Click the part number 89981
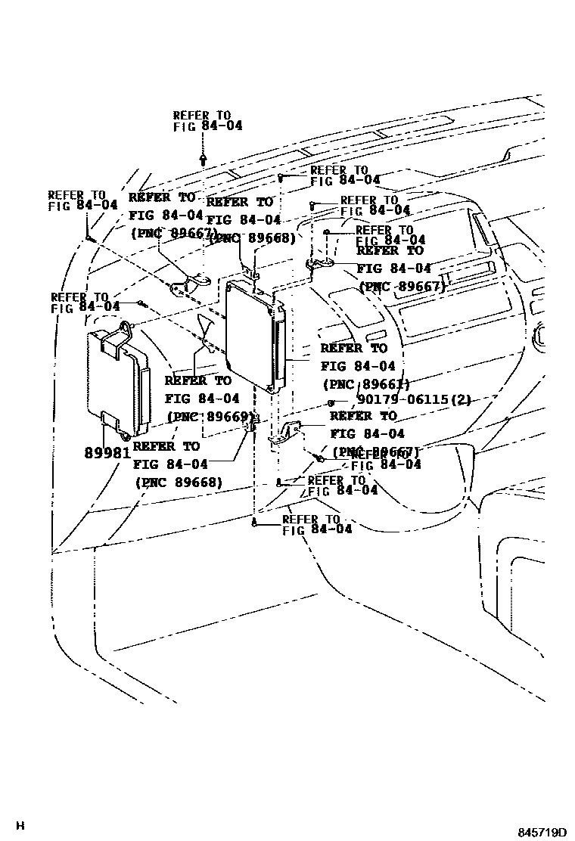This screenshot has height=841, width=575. pos(107,453)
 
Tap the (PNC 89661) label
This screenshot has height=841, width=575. pos(365,383)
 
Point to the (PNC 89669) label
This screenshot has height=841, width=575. pos(209,417)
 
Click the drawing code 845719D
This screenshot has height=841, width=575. pos(542,832)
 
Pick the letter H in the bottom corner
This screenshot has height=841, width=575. pos(20,826)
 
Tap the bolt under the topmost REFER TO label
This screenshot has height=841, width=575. pos(204,159)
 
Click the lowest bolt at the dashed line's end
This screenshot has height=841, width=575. pos(255,523)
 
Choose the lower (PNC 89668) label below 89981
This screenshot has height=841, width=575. pos(179,483)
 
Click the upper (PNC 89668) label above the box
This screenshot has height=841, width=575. pos(251,238)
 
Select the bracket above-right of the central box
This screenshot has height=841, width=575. pos(322,263)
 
